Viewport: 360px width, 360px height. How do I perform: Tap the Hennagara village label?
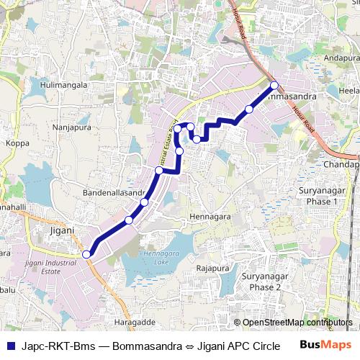(210, 216)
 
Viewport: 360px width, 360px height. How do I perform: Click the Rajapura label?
(212, 268)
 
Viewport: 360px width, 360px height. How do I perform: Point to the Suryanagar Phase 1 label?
(318, 196)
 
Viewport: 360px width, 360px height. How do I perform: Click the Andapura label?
(341, 57)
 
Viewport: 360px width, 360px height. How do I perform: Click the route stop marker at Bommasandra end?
(274, 86)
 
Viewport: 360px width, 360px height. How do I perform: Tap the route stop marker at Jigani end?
(86, 253)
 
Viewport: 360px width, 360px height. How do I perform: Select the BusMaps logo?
(321, 345)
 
